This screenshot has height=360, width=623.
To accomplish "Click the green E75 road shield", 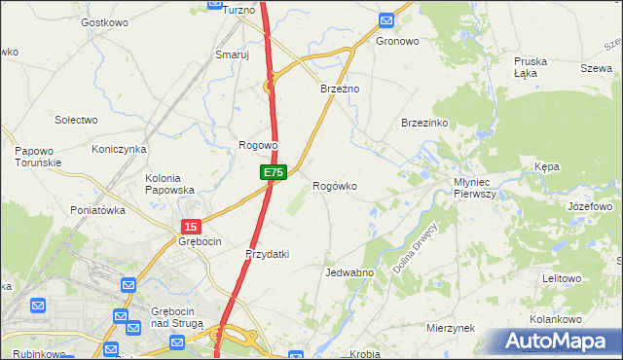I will click(x=273, y=172).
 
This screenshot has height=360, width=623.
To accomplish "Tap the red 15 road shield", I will click(x=189, y=226).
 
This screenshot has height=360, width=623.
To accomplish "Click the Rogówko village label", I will click(x=334, y=185).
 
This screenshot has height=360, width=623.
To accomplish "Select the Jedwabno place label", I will click(x=349, y=272).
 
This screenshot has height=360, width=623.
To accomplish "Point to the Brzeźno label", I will click(x=341, y=89).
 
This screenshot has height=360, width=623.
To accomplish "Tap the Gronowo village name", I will click(x=397, y=42).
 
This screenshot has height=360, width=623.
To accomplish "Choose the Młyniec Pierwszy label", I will click(x=475, y=188).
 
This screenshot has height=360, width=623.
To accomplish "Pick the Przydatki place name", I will click(x=267, y=254).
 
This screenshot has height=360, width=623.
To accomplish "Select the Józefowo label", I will click(x=589, y=207).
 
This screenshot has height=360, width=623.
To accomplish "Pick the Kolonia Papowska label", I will click(x=170, y=184).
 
